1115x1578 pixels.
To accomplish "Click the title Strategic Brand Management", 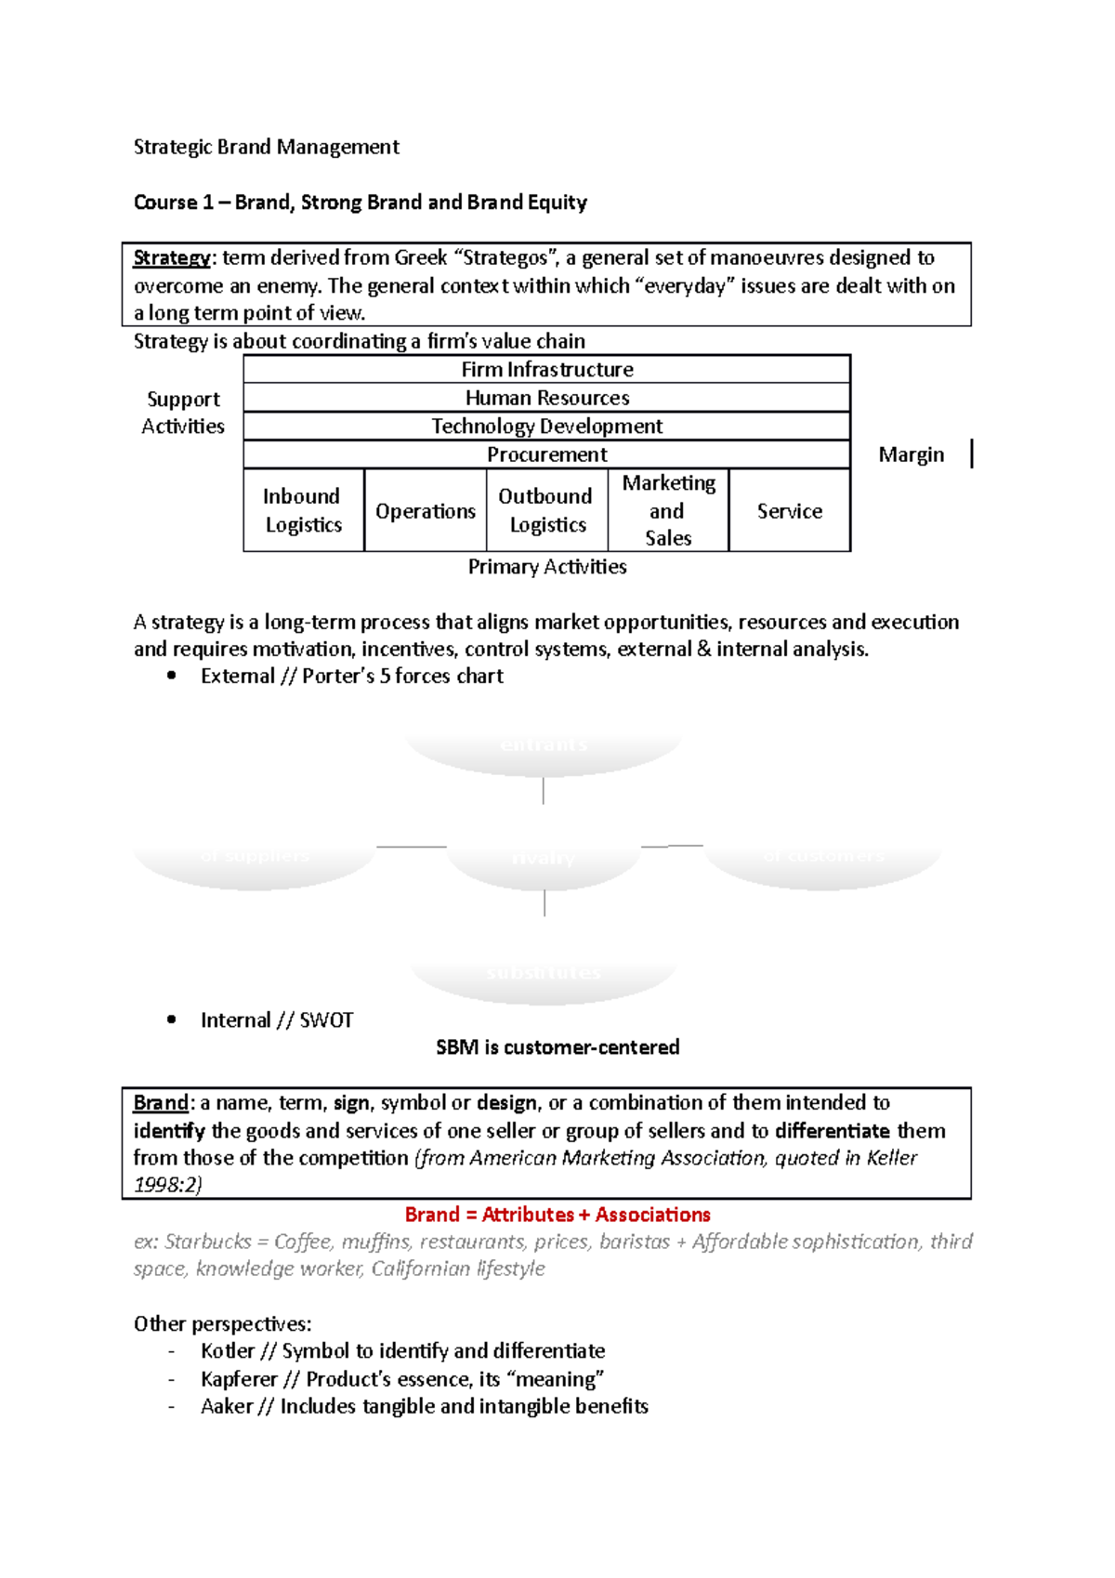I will pyautogui.click(x=266, y=147).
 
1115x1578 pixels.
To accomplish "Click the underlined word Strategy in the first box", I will pyautogui.click(x=171, y=257).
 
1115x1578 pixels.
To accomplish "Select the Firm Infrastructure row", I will pyautogui.click(x=546, y=370).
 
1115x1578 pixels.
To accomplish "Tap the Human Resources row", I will pyautogui.click(x=546, y=398).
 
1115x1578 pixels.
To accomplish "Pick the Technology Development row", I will pyautogui.click(x=546, y=427).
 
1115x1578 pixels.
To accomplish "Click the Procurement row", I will pyautogui.click(x=546, y=454).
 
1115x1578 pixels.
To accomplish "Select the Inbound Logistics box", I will pyautogui.click(x=303, y=510).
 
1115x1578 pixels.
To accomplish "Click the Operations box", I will pyautogui.click(x=425, y=511).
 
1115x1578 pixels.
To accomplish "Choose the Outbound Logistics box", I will pyautogui.click(x=546, y=510).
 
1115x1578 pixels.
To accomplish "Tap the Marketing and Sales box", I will pyautogui.click(x=668, y=510).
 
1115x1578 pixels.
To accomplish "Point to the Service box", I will pyautogui.click(x=789, y=511).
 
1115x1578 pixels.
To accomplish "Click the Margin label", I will pyautogui.click(x=911, y=454).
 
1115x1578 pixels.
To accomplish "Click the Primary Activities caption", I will pyautogui.click(x=546, y=567).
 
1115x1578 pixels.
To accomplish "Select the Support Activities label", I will pyautogui.click(x=183, y=413).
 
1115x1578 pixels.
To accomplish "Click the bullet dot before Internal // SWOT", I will pyautogui.click(x=171, y=1019).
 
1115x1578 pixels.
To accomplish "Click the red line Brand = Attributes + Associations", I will pyautogui.click(x=557, y=1215).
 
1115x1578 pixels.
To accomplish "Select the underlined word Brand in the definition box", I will pyautogui.click(x=160, y=1103).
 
